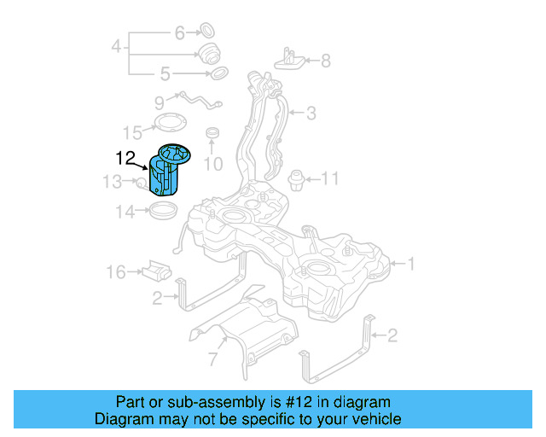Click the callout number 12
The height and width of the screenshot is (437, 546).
[125, 157]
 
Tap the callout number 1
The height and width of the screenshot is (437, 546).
[411, 265]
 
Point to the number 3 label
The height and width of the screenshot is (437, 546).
[311, 112]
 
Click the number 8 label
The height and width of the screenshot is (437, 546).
[324, 61]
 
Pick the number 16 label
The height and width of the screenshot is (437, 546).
[116, 272]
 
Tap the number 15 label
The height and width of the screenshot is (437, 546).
[132, 132]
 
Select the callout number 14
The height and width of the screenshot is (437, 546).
[125, 212]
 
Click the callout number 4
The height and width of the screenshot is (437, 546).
[116, 45]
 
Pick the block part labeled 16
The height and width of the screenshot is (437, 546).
[156, 271]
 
